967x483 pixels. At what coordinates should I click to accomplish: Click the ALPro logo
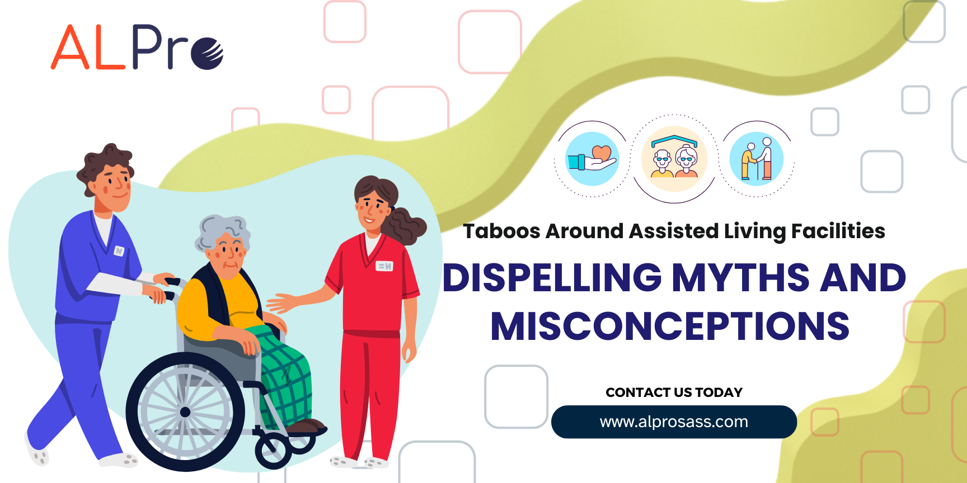point(137,47)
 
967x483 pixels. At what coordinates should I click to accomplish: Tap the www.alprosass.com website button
point(674,422)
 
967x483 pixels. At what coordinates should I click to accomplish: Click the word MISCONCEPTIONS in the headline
point(670,326)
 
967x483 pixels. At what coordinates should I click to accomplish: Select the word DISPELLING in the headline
point(552,278)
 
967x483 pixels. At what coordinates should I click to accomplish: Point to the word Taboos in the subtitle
point(501,231)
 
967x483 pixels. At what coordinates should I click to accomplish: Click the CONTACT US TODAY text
point(674,392)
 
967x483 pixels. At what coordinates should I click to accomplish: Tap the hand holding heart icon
point(593,159)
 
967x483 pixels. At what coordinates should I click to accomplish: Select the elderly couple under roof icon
point(674,159)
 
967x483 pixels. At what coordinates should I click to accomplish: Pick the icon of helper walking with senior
point(757,159)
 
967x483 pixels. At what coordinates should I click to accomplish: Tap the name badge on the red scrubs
point(384,266)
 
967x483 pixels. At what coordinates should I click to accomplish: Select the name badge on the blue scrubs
point(119,251)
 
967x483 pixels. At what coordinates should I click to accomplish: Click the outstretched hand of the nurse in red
point(283,303)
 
